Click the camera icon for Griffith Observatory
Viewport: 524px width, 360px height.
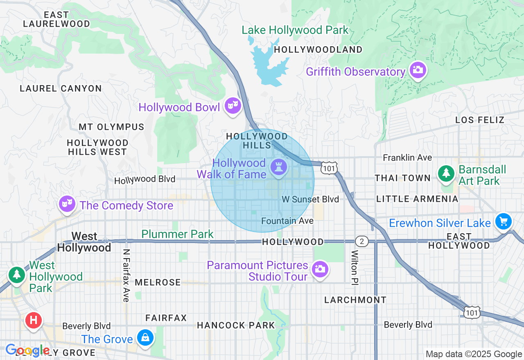coord(417,70)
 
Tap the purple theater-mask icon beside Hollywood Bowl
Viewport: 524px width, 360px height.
coord(233,106)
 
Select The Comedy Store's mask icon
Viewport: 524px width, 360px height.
coord(67,203)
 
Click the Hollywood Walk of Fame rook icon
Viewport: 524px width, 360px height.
coord(278,167)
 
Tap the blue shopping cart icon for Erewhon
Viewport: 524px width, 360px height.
coord(503,221)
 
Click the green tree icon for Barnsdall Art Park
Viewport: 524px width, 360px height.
coord(446,173)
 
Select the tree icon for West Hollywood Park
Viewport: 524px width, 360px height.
coord(17,274)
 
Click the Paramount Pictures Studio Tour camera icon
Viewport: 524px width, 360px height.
coord(320,269)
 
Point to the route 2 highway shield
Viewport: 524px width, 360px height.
coord(361,241)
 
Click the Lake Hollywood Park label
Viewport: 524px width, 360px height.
coord(295,30)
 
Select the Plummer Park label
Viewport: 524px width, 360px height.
coord(177,234)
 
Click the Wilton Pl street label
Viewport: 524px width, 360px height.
coord(354,268)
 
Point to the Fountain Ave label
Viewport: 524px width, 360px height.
coord(287,221)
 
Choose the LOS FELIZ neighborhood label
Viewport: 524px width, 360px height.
coord(480,120)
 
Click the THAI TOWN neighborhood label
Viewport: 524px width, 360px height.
coord(403,178)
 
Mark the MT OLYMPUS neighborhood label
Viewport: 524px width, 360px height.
coord(111,127)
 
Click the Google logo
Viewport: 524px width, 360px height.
coord(27,351)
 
